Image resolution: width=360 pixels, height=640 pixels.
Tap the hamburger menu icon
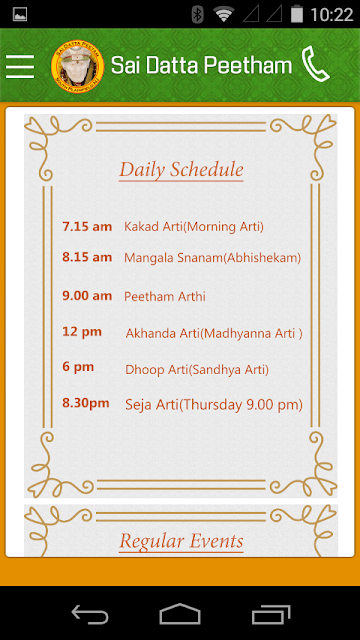(20, 66)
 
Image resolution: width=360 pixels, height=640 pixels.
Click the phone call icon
(315, 64)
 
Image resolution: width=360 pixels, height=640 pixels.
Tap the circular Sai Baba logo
(78, 66)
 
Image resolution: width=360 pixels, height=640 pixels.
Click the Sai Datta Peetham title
(201, 65)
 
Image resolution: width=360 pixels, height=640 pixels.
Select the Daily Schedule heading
(181, 169)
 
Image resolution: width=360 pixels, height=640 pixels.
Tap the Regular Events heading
(181, 541)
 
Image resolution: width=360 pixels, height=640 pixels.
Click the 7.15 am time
(87, 226)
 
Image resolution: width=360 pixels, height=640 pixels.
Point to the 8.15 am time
(87, 257)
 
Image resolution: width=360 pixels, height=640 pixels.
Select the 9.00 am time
(87, 296)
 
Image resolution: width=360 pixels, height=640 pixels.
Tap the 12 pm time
(82, 332)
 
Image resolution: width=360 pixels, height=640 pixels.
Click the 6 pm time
(78, 367)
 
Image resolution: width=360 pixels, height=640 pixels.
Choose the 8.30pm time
(86, 403)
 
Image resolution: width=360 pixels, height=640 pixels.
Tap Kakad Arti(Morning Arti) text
(194, 227)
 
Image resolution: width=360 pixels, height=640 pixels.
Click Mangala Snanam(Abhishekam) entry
(213, 258)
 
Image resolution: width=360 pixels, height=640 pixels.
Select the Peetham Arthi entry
(165, 296)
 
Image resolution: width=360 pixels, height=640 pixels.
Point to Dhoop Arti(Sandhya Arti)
(197, 370)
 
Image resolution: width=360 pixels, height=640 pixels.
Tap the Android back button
(90, 614)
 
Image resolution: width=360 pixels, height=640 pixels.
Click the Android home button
(180, 614)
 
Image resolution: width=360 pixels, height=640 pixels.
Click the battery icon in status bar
(297, 15)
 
